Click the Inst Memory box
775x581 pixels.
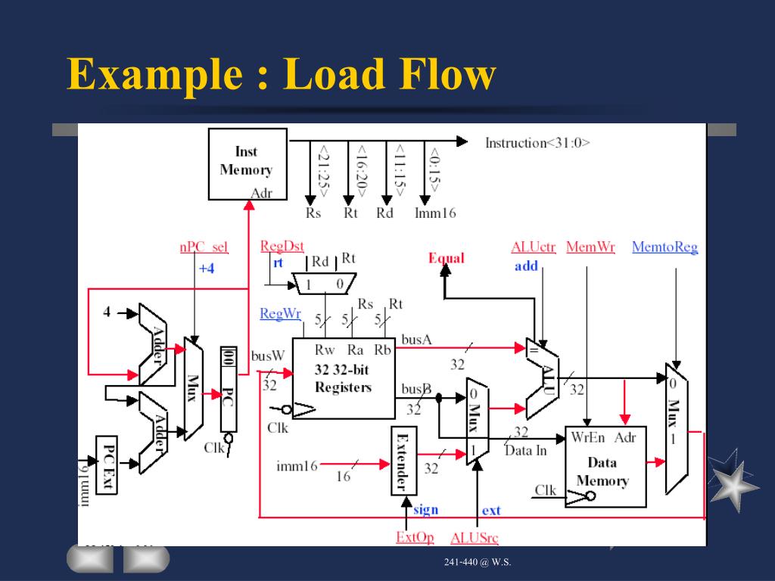[247, 163]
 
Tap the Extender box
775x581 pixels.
[403, 461]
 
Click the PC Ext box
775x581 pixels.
[107, 464]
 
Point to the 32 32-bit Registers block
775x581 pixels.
[343, 378]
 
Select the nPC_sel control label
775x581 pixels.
[204, 247]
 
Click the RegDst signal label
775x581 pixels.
[282, 246]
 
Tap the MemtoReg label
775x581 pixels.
[665, 247]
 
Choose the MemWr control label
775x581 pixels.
[590, 247]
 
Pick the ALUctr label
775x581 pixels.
[533, 247]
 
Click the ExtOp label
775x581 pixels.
[414, 538]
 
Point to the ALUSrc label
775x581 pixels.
[474, 538]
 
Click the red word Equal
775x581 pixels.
[446, 258]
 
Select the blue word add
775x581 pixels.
[526, 266]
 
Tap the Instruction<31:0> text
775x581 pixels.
[537, 142]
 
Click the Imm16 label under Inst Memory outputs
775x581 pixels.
[435, 213]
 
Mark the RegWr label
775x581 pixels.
[280, 313]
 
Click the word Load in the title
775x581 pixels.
[328, 75]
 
